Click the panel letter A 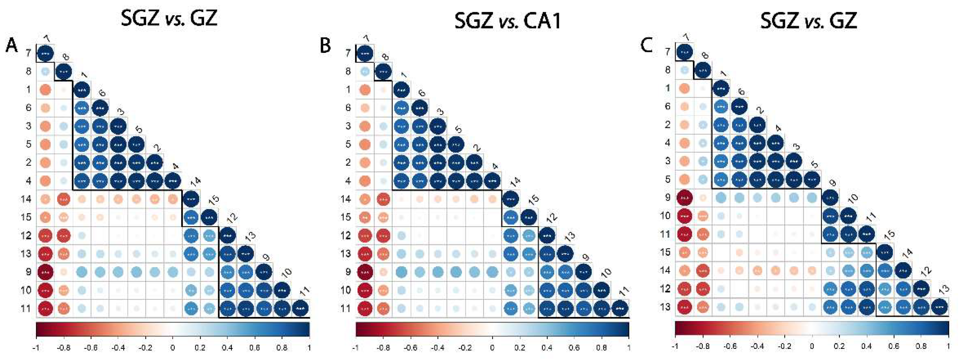click(11, 46)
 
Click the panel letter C click(646, 46)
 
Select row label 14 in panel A click(25, 199)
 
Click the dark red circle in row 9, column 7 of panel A click(45, 272)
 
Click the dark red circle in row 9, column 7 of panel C click(684, 197)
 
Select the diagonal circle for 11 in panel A click(301, 308)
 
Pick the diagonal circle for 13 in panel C click(939, 307)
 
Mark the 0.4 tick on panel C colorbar click(867, 347)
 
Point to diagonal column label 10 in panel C click(852, 198)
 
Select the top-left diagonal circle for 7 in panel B click(365, 53)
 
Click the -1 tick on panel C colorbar click(675, 347)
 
